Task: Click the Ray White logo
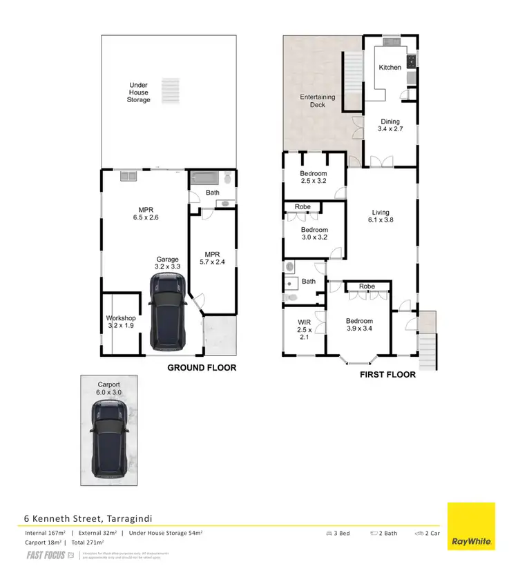(x=472, y=527)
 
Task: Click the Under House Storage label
(x=138, y=92)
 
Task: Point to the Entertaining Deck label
(x=317, y=101)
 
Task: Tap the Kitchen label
(x=390, y=68)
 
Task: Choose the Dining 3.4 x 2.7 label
(x=390, y=126)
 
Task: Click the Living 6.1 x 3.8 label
(x=381, y=217)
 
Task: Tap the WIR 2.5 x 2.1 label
(x=305, y=330)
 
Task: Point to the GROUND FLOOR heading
(x=202, y=368)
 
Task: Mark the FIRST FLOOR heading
(x=387, y=375)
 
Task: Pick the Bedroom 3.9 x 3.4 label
(x=359, y=325)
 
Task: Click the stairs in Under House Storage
(x=169, y=90)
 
